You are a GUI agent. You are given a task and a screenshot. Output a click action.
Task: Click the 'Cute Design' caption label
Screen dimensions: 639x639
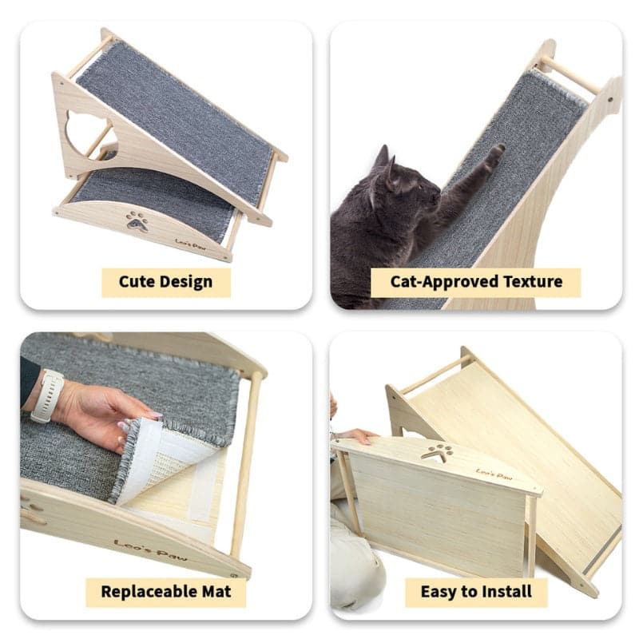pyautogui.click(x=165, y=281)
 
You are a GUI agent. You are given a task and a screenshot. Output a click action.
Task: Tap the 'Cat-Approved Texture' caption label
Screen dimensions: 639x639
pyautogui.click(x=476, y=281)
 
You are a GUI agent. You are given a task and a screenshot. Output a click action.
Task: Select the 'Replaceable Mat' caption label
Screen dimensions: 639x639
pyautogui.click(x=165, y=592)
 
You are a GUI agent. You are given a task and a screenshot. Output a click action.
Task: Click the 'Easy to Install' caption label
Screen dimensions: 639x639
pyautogui.click(x=476, y=592)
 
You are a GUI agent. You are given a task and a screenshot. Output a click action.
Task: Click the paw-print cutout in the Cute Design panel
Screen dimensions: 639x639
pyautogui.click(x=137, y=220)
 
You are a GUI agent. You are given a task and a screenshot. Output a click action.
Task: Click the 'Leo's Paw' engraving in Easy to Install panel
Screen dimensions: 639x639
pyautogui.click(x=494, y=474)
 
